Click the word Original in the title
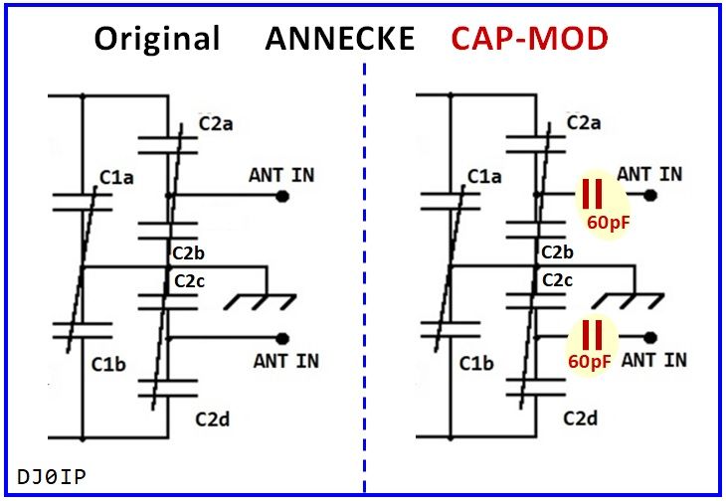coord(157,39)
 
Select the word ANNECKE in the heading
coord(339,39)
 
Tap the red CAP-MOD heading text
coord(529,39)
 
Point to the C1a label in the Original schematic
coord(116,179)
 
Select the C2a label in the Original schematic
coord(217,124)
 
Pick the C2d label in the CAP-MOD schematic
coord(582,418)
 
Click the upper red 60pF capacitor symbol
coord(593,193)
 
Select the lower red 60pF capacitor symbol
coord(593,334)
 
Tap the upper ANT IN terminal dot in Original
coord(283,196)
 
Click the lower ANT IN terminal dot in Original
coord(283,337)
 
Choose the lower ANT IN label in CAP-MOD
coord(653,359)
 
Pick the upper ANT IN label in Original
coord(281,175)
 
